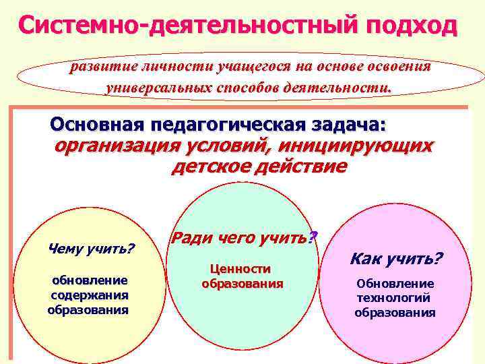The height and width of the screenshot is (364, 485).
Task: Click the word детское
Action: point(211,166)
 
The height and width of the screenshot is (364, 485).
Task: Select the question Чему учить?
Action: point(92,249)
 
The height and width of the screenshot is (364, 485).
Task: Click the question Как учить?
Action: point(395,259)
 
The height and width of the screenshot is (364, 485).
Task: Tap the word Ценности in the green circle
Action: point(241,269)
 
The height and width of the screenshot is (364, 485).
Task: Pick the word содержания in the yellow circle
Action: point(89,295)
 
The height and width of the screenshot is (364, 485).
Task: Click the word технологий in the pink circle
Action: point(394,298)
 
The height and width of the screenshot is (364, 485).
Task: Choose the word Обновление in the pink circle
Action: point(395,283)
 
